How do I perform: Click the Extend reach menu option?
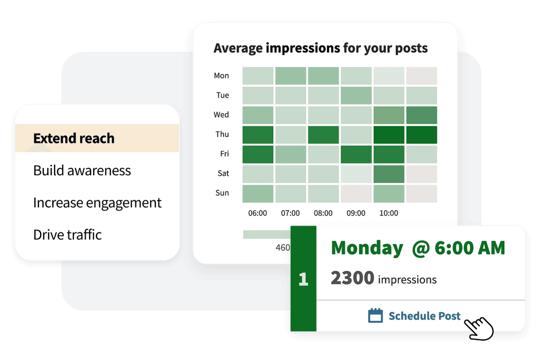(x=74, y=138)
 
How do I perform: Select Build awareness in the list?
(x=82, y=171)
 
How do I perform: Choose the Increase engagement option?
(x=97, y=202)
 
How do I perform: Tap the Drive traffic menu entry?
(x=67, y=234)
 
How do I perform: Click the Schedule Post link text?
(x=424, y=316)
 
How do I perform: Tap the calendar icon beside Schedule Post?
(x=375, y=315)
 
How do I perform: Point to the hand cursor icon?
(x=479, y=328)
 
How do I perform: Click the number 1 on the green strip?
(x=303, y=279)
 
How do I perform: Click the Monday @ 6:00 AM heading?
(x=418, y=248)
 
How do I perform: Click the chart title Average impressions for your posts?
(x=320, y=48)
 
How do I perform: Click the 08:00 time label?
(x=323, y=213)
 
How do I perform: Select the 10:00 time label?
(x=388, y=213)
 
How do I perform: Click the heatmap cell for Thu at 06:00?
(x=258, y=135)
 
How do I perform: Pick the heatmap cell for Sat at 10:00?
(x=388, y=174)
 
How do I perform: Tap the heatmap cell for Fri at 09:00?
(x=355, y=154)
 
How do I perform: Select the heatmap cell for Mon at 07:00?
(x=291, y=76)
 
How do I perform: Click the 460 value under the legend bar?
(x=283, y=247)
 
